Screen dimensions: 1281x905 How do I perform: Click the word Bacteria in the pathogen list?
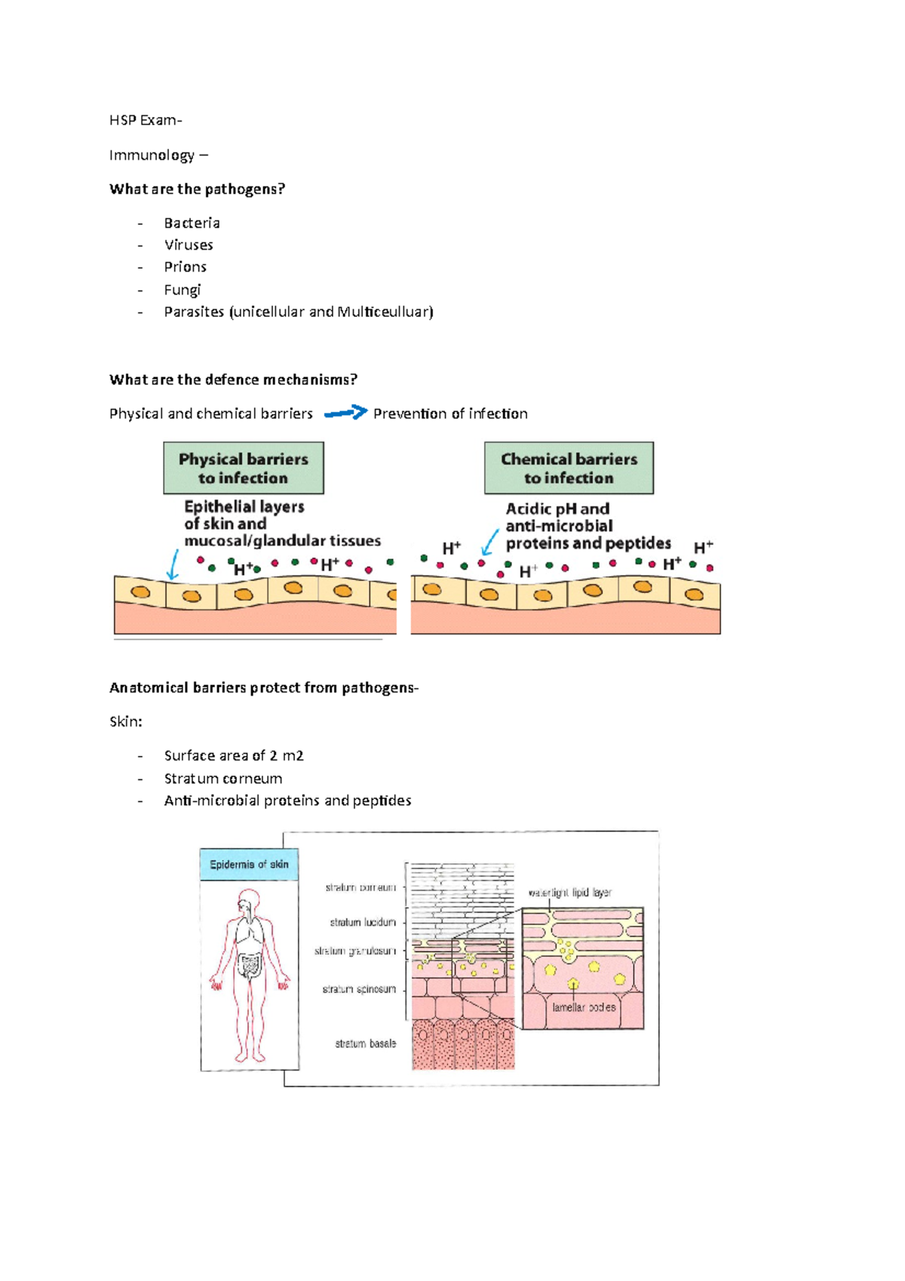tap(192, 223)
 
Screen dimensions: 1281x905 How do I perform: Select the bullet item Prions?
tap(185, 267)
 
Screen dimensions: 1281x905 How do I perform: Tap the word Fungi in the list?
tap(182, 290)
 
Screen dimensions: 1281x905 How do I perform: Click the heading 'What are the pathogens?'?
tap(197, 189)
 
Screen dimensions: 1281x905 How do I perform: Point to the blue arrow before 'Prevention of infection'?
tap(345, 413)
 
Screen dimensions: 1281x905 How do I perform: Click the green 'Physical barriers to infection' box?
tap(243, 468)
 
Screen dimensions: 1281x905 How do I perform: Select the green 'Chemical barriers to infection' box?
tap(569, 468)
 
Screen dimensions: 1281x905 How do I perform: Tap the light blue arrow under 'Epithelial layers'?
tap(173, 564)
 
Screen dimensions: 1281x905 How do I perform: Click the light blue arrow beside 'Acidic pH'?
tap(490, 541)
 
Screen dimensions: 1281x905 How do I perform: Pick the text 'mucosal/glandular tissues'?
tap(282, 541)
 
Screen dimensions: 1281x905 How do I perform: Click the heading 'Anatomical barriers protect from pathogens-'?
tap(263, 687)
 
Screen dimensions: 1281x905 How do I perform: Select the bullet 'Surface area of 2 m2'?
tap(233, 755)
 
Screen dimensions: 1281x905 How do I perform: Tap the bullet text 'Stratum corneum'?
tap(222, 778)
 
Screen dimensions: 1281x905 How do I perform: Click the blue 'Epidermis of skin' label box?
tap(249, 865)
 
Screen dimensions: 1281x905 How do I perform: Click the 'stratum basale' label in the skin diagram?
tap(365, 1043)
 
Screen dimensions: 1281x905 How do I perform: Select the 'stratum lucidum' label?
tap(362, 922)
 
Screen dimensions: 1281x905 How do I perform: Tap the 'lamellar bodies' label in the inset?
tap(584, 1007)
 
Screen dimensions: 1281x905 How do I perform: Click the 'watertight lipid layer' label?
tap(569, 892)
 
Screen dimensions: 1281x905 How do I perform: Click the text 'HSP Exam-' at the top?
tap(146, 120)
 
